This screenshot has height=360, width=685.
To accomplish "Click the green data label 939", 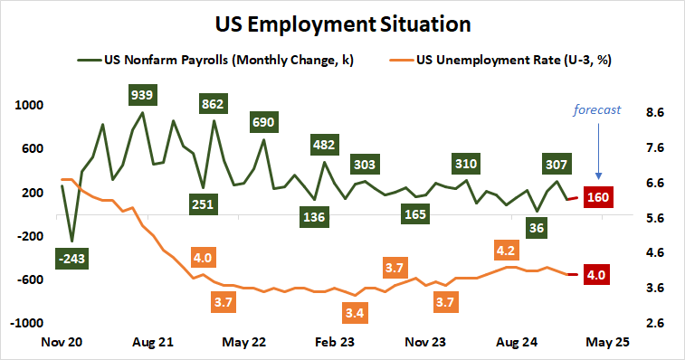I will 141,93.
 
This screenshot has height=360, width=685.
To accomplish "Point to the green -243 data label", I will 71,259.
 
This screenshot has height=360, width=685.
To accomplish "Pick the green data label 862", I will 213,104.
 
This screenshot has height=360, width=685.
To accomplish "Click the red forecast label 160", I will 597,197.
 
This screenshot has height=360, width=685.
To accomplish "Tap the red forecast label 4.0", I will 597,274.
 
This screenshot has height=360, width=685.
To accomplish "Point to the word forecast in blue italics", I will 597,110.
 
